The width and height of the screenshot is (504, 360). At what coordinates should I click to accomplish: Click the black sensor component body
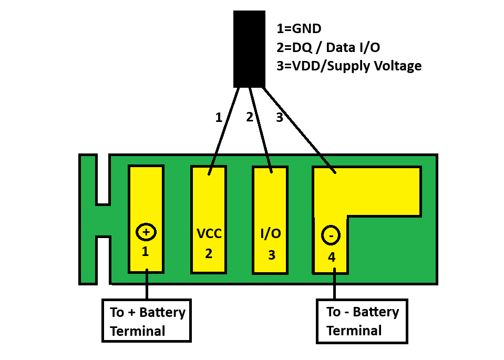pos(249,48)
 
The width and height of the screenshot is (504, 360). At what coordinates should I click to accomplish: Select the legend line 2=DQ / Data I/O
pos(328,47)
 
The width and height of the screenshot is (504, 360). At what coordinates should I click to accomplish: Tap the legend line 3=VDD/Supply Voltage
pos(348,66)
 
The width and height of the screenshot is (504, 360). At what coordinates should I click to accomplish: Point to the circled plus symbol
pos(146,232)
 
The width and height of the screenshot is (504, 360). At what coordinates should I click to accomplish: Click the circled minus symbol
pos(331,236)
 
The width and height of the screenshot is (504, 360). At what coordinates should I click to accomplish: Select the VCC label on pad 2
pos(209,233)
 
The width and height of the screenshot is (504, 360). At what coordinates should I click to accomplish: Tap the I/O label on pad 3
pos(271,233)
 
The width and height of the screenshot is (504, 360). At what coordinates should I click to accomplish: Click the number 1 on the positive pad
pos(146,252)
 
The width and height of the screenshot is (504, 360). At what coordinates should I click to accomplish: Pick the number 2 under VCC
pos(209,254)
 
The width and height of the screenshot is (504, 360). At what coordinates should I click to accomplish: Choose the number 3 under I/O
pos(271,255)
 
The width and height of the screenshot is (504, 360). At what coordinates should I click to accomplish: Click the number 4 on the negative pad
pos(331,257)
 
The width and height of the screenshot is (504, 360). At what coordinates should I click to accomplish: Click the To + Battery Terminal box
pos(147,321)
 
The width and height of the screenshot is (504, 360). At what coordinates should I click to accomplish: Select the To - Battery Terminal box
pos(362,321)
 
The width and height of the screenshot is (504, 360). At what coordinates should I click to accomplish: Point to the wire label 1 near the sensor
pos(219,118)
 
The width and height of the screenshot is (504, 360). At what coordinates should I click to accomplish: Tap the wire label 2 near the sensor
pos(250,117)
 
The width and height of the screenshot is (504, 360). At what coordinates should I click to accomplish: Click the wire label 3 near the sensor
pos(280,118)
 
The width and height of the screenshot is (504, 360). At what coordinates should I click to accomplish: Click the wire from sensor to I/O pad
pos(260,129)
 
